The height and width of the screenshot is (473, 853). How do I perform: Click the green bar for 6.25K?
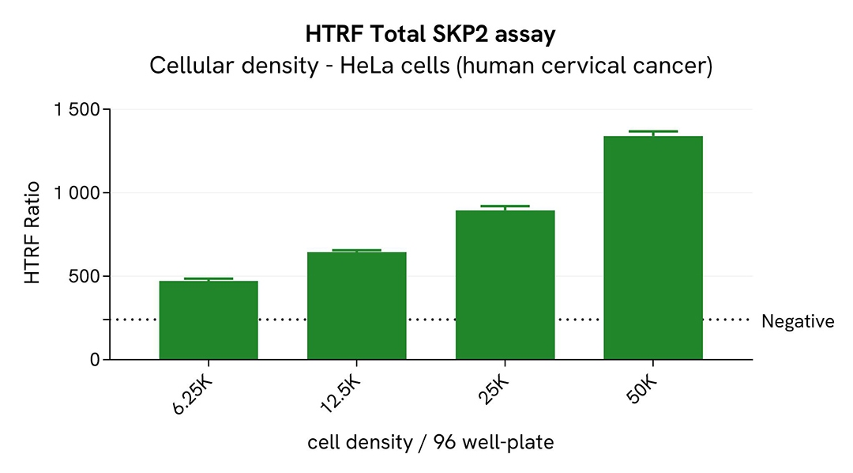[x=209, y=320]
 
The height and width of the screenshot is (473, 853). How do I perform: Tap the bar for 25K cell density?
[x=505, y=285]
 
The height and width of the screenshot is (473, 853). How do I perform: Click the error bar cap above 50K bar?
[x=652, y=131]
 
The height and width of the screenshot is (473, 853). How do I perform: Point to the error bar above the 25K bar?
[x=505, y=206]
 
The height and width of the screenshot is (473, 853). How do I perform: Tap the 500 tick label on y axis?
[x=84, y=277]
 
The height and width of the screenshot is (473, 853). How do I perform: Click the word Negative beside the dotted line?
[x=797, y=322]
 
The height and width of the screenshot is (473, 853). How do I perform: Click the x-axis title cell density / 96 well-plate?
[x=430, y=442]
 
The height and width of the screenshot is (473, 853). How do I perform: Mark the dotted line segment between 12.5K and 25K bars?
[x=430, y=320]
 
